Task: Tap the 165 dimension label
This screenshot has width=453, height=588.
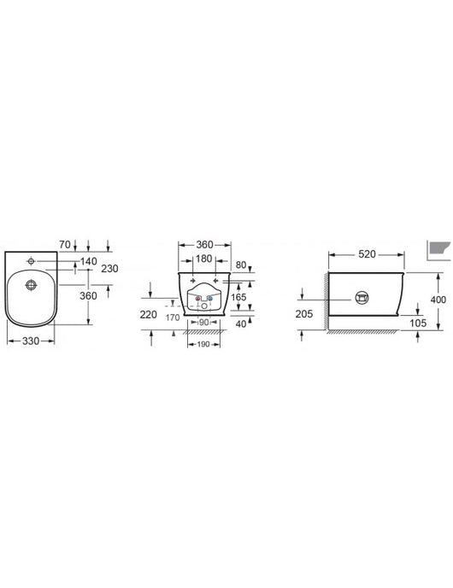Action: coord(240,297)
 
